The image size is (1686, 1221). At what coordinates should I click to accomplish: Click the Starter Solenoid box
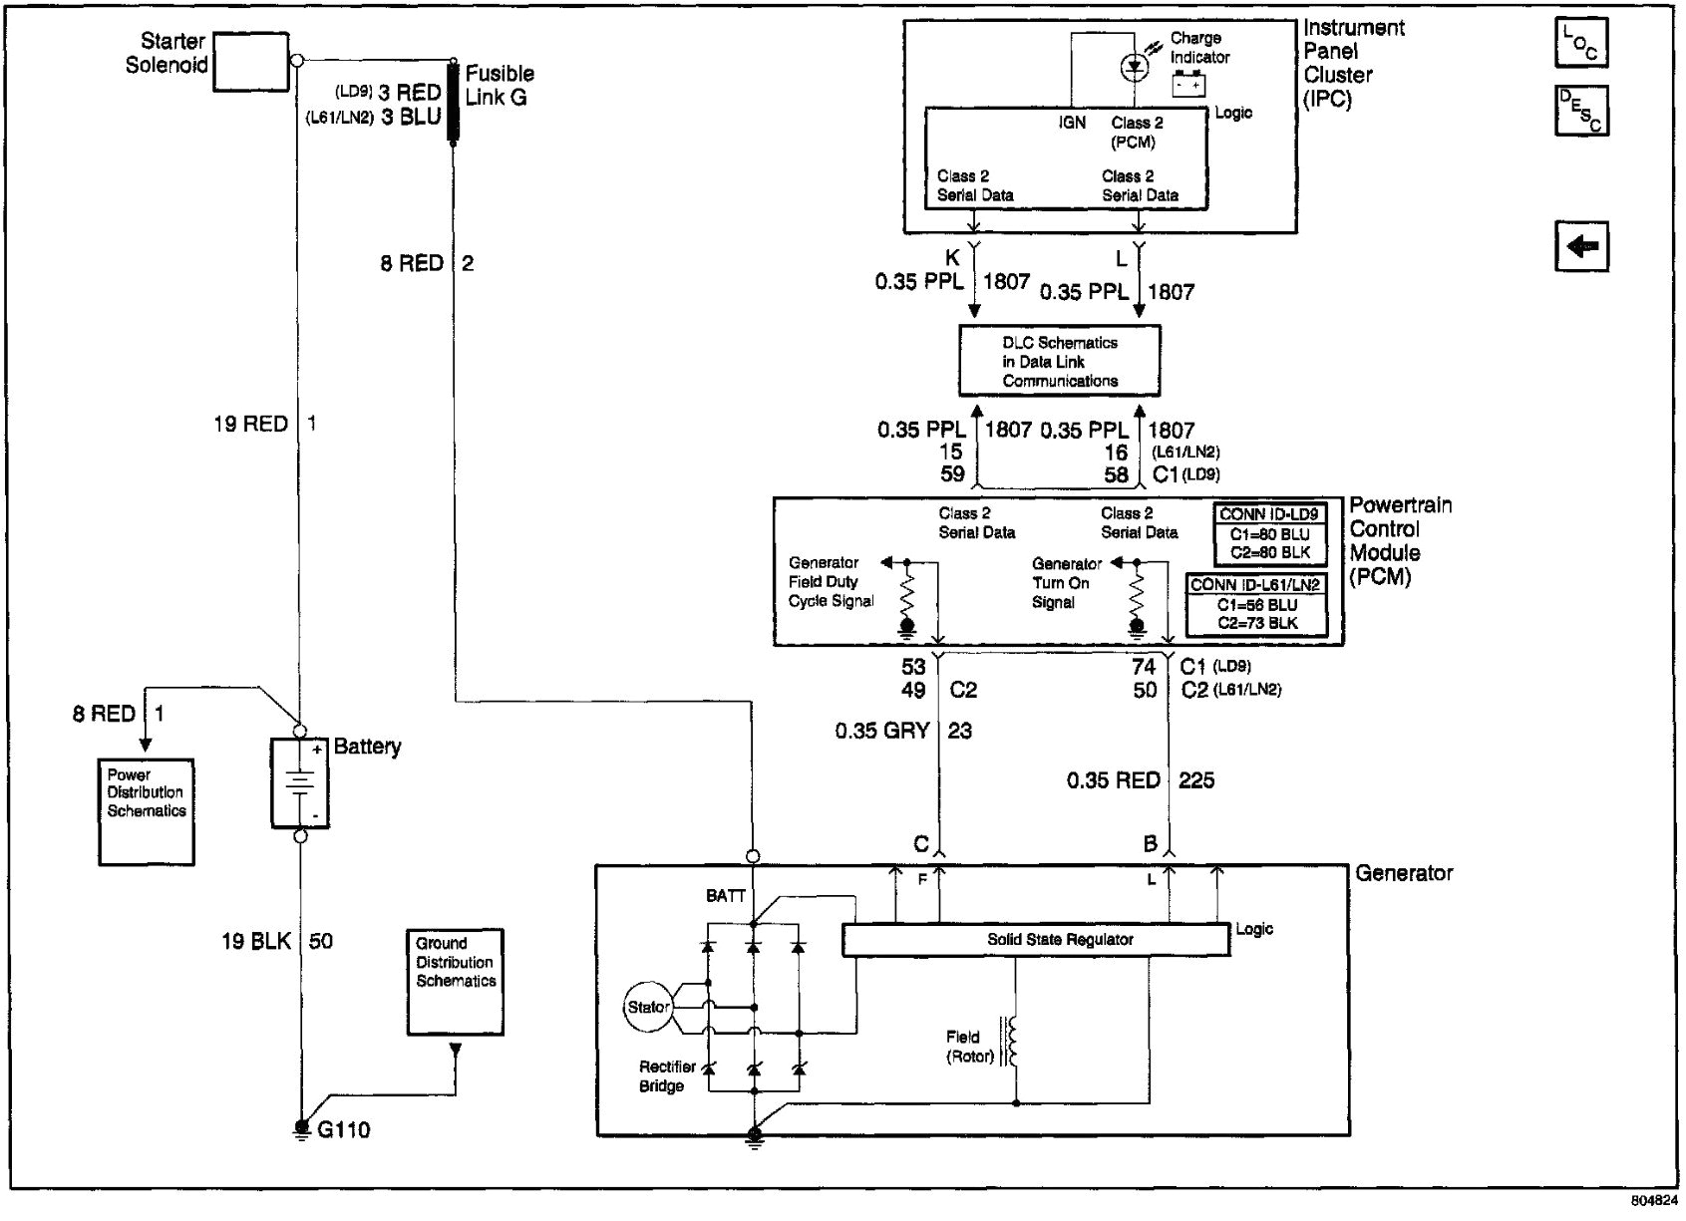point(251,62)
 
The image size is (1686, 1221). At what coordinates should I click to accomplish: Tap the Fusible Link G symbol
point(454,103)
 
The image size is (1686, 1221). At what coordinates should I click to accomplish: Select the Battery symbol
point(299,782)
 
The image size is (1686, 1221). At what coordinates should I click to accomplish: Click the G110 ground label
point(344,1130)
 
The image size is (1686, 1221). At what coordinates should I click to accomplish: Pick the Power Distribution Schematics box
point(147,811)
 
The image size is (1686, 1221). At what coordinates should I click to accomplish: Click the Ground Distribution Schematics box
point(455,981)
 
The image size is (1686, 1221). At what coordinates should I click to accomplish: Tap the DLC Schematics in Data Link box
point(1059,361)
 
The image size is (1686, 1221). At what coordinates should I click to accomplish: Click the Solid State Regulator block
point(1035,940)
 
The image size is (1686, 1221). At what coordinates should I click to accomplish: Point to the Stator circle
point(648,1007)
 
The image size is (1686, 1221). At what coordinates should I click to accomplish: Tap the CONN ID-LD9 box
point(1269,534)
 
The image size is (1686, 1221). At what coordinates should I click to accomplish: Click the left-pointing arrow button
point(1581,246)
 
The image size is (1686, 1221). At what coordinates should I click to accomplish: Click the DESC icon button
point(1581,112)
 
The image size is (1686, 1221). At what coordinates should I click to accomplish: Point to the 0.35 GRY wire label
point(882,732)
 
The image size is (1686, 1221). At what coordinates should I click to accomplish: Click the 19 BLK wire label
point(257,941)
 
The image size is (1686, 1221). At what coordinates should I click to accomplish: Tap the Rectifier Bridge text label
point(667,1076)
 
